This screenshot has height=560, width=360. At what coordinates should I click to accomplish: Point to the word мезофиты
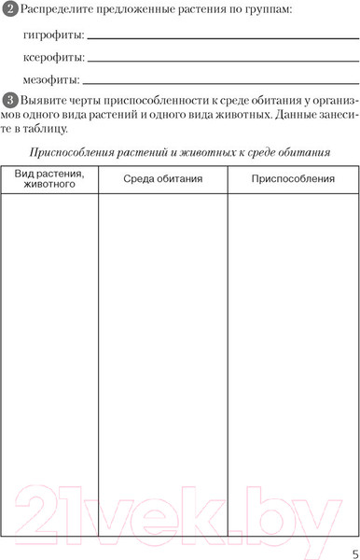pos(52,79)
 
